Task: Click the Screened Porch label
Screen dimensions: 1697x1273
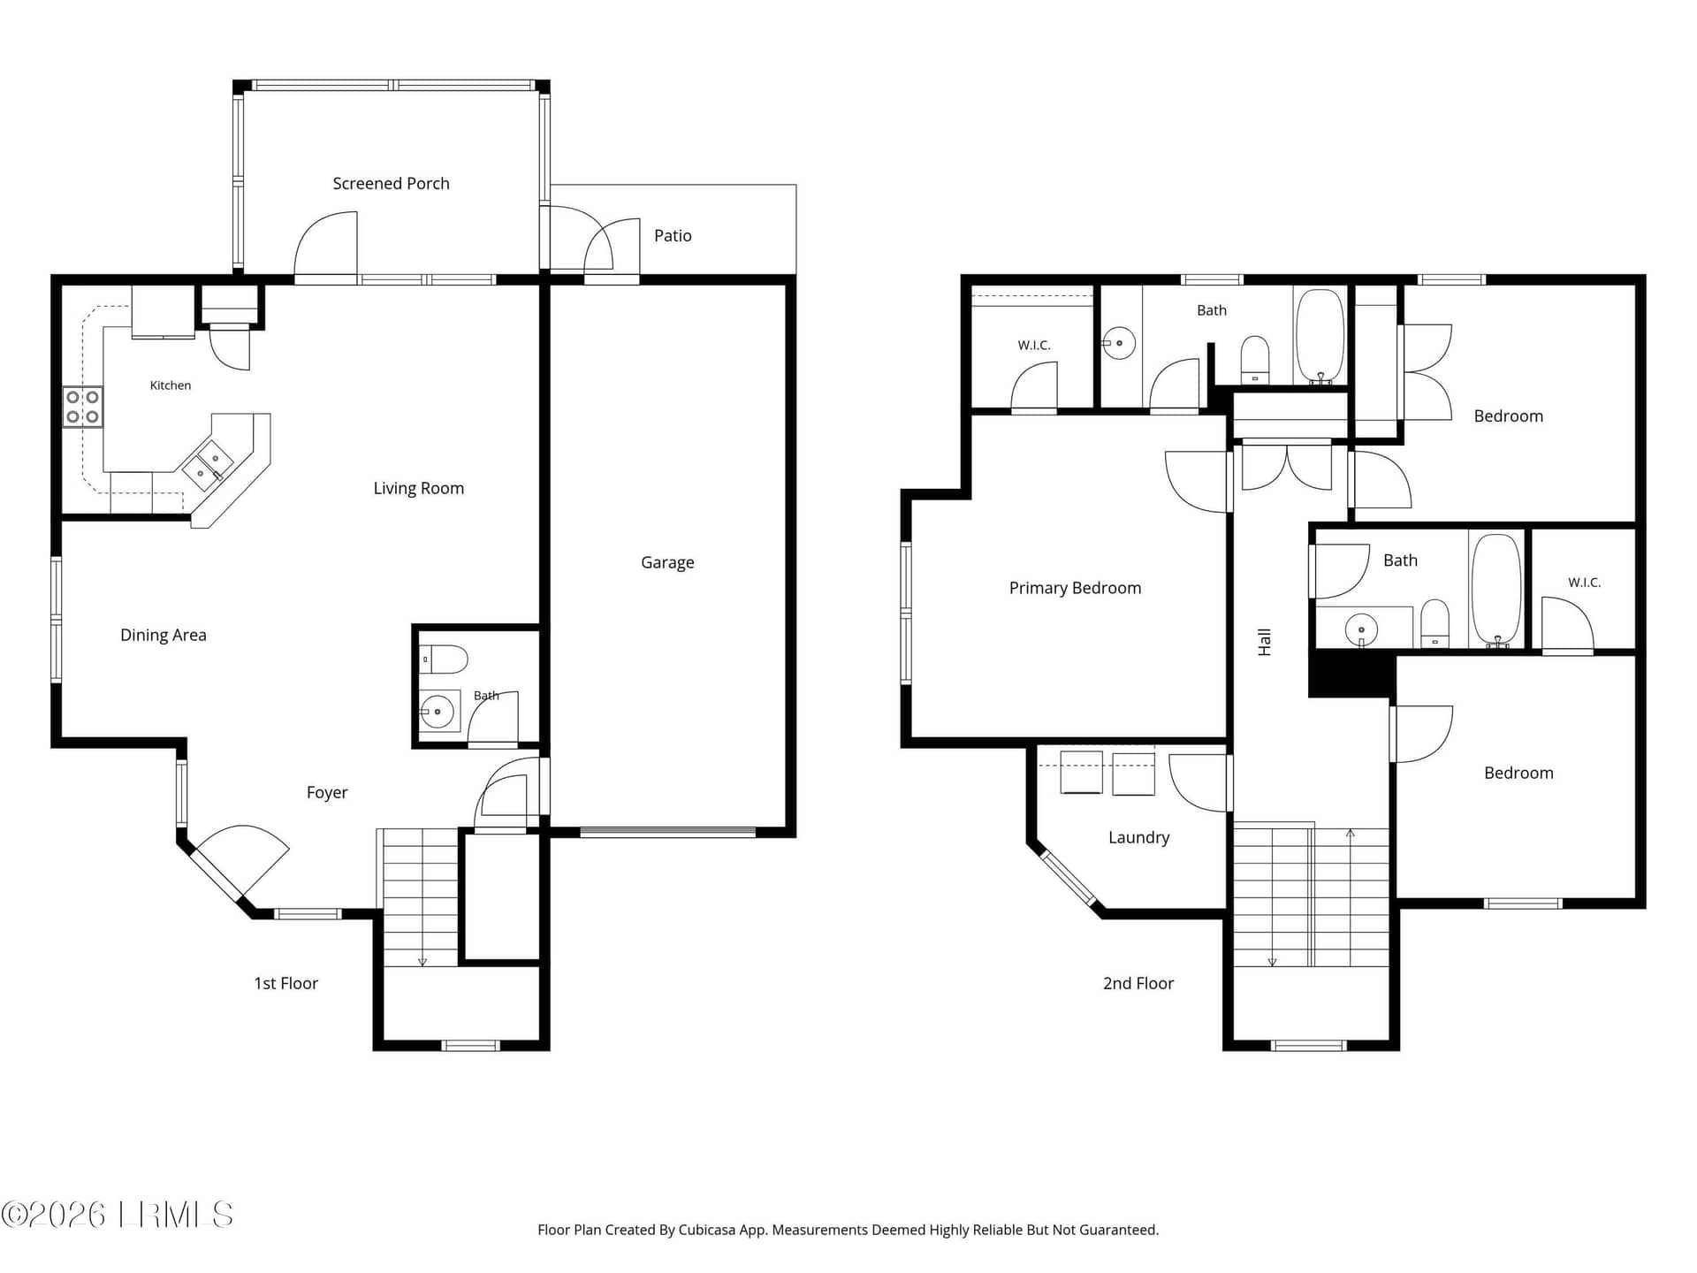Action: point(391,184)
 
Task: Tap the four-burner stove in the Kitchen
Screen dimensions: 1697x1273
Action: point(82,407)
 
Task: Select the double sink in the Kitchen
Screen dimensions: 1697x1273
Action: point(208,466)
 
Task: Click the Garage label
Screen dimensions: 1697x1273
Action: point(667,563)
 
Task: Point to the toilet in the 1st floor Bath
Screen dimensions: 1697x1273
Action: point(443,659)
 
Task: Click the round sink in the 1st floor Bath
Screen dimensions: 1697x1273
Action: point(437,711)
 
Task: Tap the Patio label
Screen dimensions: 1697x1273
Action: point(673,236)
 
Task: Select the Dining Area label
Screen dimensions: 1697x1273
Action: point(164,636)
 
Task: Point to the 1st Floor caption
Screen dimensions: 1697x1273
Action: point(285,984)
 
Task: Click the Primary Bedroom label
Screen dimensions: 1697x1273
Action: point(1075,589)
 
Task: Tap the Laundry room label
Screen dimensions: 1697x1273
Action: point(1138,838)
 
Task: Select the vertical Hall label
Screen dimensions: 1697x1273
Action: point(1265,642)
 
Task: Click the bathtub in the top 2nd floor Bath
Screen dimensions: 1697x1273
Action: point(1320,336)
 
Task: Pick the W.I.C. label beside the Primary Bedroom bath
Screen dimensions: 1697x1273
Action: point(1034,346)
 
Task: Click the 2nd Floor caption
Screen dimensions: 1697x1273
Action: point(1138,984)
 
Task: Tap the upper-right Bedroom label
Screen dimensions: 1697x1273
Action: point(1508,416)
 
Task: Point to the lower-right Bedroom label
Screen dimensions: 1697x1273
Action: point(1518,774)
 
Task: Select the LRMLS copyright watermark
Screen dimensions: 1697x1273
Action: point(117,1215)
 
